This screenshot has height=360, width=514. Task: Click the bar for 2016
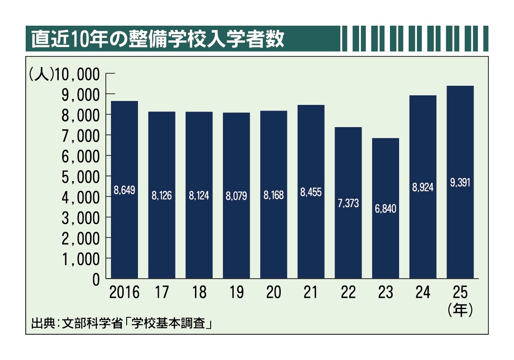point(124,189)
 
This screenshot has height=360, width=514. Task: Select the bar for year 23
point(386,208)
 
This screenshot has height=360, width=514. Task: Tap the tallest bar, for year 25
point(460,182)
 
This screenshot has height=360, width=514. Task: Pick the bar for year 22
point(348,202)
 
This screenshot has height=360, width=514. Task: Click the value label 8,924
point(423,187)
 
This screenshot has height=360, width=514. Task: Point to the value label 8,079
point(236,196)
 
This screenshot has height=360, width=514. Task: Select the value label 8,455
point(311,192)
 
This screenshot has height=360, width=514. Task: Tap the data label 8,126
point(161,196)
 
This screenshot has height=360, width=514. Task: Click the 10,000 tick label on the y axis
point(77,74)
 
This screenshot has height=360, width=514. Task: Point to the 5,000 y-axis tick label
point(81,177)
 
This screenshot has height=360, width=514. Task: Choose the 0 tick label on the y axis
point(96,279)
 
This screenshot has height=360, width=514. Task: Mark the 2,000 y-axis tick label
point(81,239)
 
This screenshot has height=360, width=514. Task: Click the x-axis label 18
point(199,292)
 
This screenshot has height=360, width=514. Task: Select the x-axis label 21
point(311,292)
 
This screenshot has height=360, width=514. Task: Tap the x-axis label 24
point(423,292)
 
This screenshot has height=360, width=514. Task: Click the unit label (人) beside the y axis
point(41,74)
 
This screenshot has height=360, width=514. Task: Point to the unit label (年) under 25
point(460,310)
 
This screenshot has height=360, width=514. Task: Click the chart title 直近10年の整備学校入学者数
point(158,39)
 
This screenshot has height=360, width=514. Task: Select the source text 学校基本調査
point(169,323)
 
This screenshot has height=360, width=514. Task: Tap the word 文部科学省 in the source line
point(92,323)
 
